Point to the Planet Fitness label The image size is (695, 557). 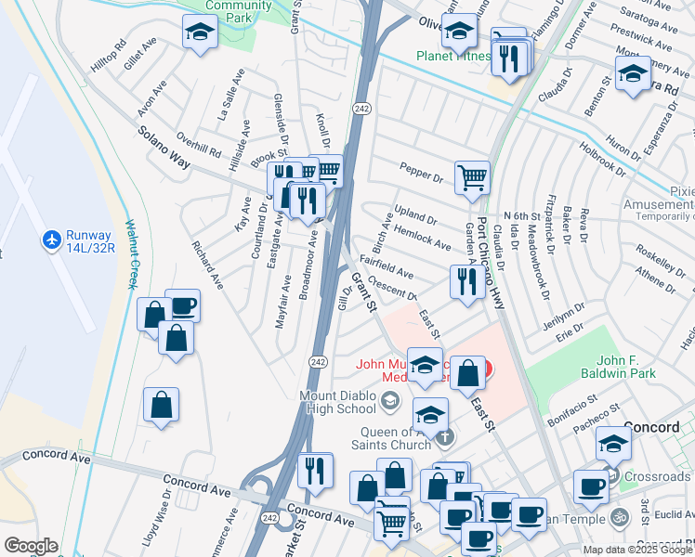coord(452,56)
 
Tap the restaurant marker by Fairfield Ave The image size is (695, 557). coord(464,281)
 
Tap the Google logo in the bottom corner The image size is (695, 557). coord(32,546)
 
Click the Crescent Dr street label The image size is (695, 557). coord(391,288)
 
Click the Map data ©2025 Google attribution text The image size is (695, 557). coord(637,550)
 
